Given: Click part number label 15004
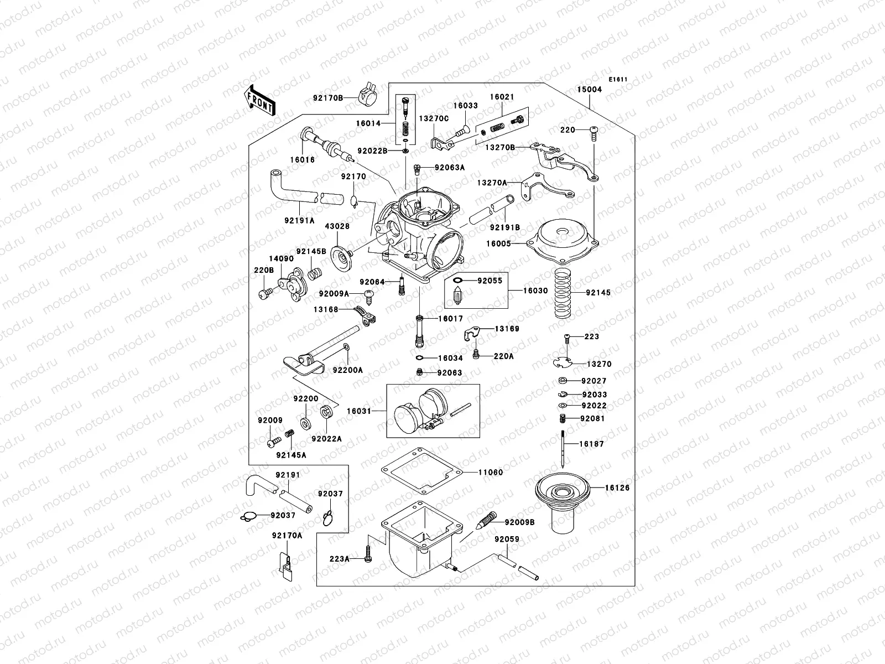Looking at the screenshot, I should coord(589,89).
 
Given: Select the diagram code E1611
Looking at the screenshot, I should coord(618,79).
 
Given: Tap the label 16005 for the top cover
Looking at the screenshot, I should coord(499,243).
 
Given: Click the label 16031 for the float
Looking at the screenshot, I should coord(359,411).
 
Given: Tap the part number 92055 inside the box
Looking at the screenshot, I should coord(490,281).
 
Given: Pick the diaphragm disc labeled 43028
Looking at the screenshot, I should coord(341,255).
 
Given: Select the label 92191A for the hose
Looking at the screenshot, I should coord(301,220).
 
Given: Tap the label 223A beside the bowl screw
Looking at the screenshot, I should coord(340,559).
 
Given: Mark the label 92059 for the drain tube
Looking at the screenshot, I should coord(507,539).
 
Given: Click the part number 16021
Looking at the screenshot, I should coord(502,97).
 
